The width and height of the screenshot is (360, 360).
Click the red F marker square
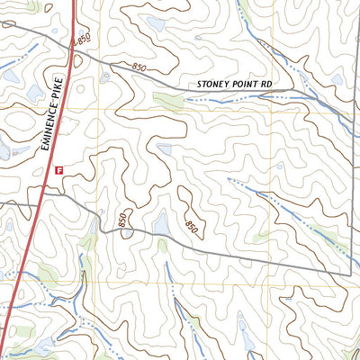click(59, 168)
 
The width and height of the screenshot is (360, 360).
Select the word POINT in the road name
click(246, 85)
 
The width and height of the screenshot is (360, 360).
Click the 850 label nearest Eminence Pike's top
click(85, 40)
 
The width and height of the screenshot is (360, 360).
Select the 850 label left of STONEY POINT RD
click(139, 67)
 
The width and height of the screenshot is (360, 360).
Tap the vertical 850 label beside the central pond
click(123, 219)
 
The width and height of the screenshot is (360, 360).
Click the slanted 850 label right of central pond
click(190, 228)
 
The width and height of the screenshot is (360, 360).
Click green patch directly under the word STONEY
click(168, 100)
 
